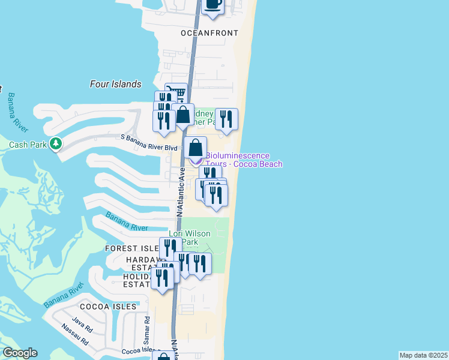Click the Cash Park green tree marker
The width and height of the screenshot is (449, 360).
pyautogui.click(x=56, y=143)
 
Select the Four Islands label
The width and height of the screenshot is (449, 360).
pyautogui.click(x=115, y=84)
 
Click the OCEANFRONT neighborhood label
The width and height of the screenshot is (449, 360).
pyautogui.click(x=209, y=34)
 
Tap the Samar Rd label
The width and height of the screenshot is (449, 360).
pyautogui.click(x=146, y=330)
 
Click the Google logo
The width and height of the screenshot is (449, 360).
pyautogui.click(x=20, y=353)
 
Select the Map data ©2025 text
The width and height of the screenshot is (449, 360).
pyautogui.click(x=423, y=355)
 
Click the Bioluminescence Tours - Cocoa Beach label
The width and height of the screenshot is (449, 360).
pyautogui.click(x=244, y=160)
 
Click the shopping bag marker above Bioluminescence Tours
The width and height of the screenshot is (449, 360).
pyautogui.click(x=195, y=148)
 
